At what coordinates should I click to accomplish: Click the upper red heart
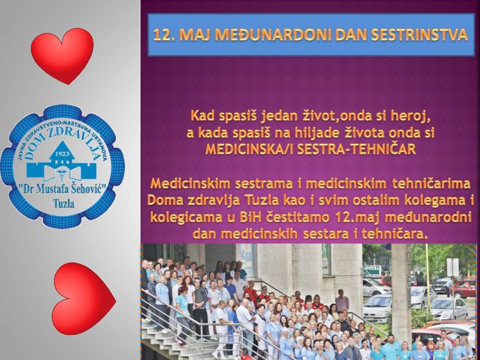tap(62, 55)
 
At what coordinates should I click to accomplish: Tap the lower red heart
tap(83, 298)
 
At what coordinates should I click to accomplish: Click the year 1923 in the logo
tap(61, 153)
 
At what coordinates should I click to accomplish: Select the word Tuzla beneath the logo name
tap(63, 203)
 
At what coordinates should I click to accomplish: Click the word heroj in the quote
tap(414, 116)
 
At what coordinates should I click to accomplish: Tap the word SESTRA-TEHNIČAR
tap(356, 149)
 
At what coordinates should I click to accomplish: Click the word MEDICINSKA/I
tap(250, 149)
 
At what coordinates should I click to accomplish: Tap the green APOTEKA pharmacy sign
tap(371, 270)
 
